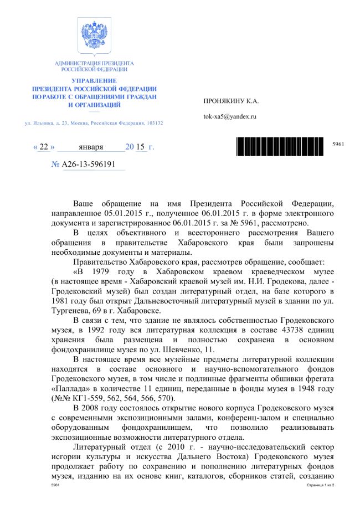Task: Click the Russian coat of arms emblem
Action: (94, 37)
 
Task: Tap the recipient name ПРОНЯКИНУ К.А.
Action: (232, 101)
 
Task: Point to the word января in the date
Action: (91, 148)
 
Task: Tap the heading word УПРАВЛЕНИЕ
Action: (94, 81)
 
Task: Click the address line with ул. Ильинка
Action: (94, 122)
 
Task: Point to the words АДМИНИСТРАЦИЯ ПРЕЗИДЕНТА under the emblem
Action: (94, 64)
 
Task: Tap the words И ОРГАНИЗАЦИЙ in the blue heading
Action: (94, 105)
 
